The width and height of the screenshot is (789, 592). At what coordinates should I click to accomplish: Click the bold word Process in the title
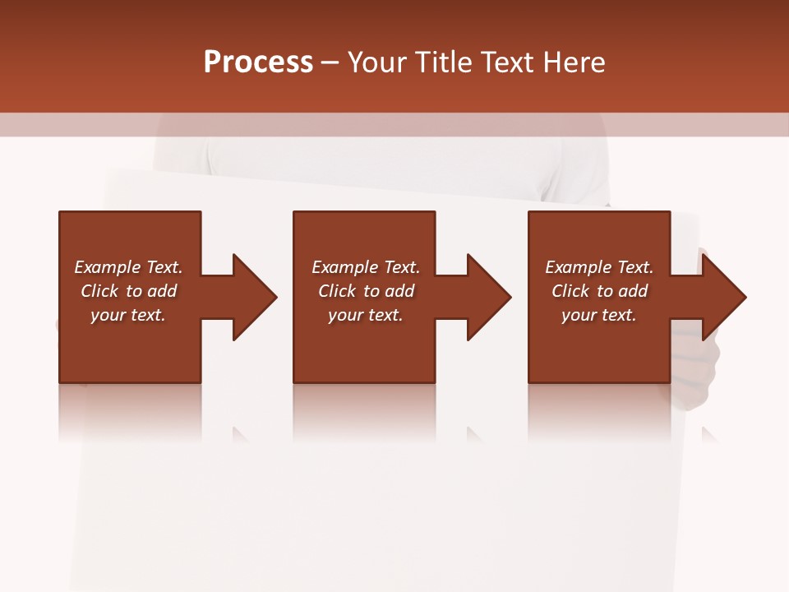258,62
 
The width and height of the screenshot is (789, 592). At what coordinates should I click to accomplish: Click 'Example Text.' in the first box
128,267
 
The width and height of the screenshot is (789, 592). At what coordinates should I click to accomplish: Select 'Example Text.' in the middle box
365,267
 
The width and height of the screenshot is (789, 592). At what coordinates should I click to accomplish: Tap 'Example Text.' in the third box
598,267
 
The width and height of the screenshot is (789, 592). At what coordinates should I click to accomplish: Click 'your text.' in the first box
128,315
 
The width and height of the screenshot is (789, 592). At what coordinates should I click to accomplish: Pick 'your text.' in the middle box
365,315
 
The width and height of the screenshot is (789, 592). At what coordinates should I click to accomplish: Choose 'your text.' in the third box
598,315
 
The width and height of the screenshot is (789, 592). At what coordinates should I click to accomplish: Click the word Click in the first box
100,291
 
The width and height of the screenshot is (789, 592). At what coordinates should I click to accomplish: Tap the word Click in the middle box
338,291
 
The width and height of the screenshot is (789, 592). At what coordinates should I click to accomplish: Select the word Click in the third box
571,291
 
